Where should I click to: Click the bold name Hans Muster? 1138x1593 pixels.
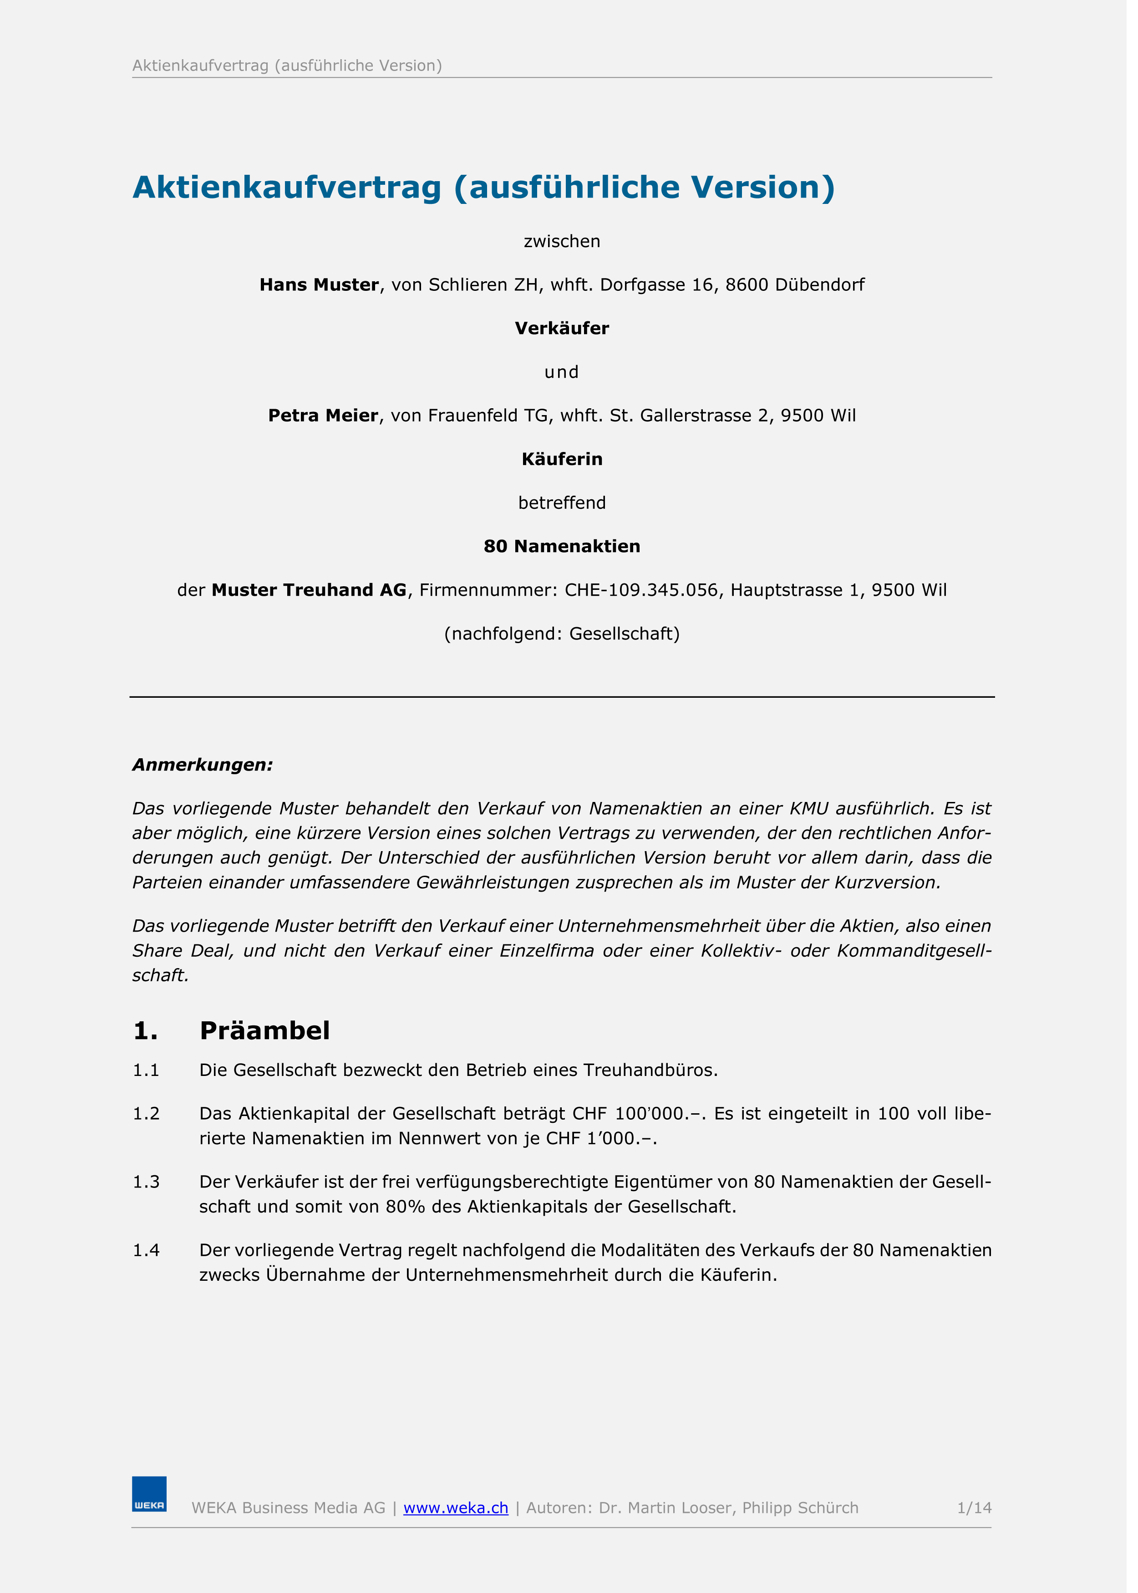tap(322, 287)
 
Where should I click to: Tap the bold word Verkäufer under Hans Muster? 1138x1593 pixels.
tap(568, 331)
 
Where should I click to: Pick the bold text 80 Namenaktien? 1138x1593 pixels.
tap(568, 551)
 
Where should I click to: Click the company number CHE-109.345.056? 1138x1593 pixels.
tap(648, 595)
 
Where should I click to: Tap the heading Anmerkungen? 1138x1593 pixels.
tap(205, 771)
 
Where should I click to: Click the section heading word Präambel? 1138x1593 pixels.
tap(267, 1040)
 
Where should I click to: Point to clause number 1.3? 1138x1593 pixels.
tap(147, 1192)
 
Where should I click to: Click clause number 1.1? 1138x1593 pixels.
tap(147, 1080)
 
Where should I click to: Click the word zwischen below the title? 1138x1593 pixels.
tap(568, 244)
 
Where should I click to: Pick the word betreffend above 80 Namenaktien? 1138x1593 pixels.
tap(568, 508)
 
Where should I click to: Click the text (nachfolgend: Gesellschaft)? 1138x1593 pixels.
tap(568, 639)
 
